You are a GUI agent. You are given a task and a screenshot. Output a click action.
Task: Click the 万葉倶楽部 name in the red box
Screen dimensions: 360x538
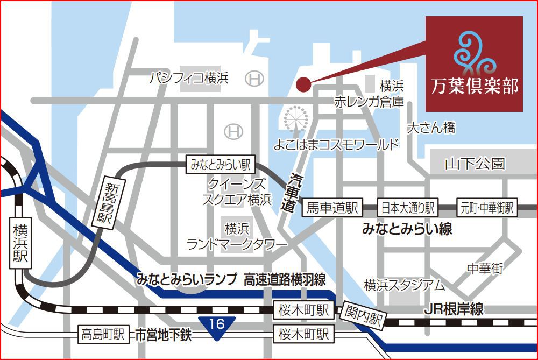coord(474,86)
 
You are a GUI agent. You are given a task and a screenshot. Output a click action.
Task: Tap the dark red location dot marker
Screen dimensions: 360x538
coord(303,84)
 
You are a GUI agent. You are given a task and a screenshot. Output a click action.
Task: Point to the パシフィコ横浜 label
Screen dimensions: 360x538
coord(189,79)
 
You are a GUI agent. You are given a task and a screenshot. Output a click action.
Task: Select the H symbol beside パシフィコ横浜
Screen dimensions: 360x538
coord(254,79)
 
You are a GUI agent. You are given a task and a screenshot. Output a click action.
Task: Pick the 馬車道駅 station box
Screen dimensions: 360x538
coord(332,208)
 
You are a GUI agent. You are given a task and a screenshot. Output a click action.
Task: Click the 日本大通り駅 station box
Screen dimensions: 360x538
coord(408,208)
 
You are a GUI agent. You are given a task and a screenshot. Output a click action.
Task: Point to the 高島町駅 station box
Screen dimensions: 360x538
coord(103,335)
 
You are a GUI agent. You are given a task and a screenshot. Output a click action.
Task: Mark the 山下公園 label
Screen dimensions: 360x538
coord(475,164)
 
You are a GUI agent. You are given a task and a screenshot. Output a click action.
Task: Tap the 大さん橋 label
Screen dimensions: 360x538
coord(431,128)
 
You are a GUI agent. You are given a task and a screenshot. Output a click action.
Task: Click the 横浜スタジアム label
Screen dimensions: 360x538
coord(404,285)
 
